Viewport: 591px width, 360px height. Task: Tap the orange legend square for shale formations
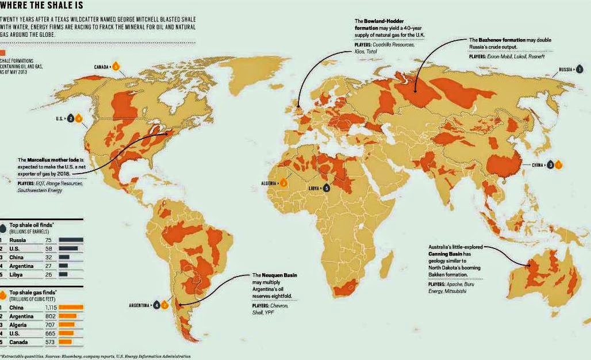pyautogui.click(x=3, y=52)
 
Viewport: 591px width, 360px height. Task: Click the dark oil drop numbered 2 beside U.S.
pyautogui.click(x=70, y=118)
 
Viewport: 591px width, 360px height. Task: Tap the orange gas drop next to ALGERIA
pyautogui.click(x=284, y=183)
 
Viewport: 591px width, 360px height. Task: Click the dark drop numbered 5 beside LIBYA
pyautogui.click(x=327, y=187)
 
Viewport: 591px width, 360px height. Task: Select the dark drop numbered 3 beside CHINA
pyautogui.click(x=550, y=164)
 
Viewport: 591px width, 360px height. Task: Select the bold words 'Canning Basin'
pyautogui.click(x=450, y=254)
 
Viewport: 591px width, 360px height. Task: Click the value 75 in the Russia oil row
pyautogui.click(x=49, y=240)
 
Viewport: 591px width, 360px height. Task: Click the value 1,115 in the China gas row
pyautogui.click(x=51, y=308)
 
